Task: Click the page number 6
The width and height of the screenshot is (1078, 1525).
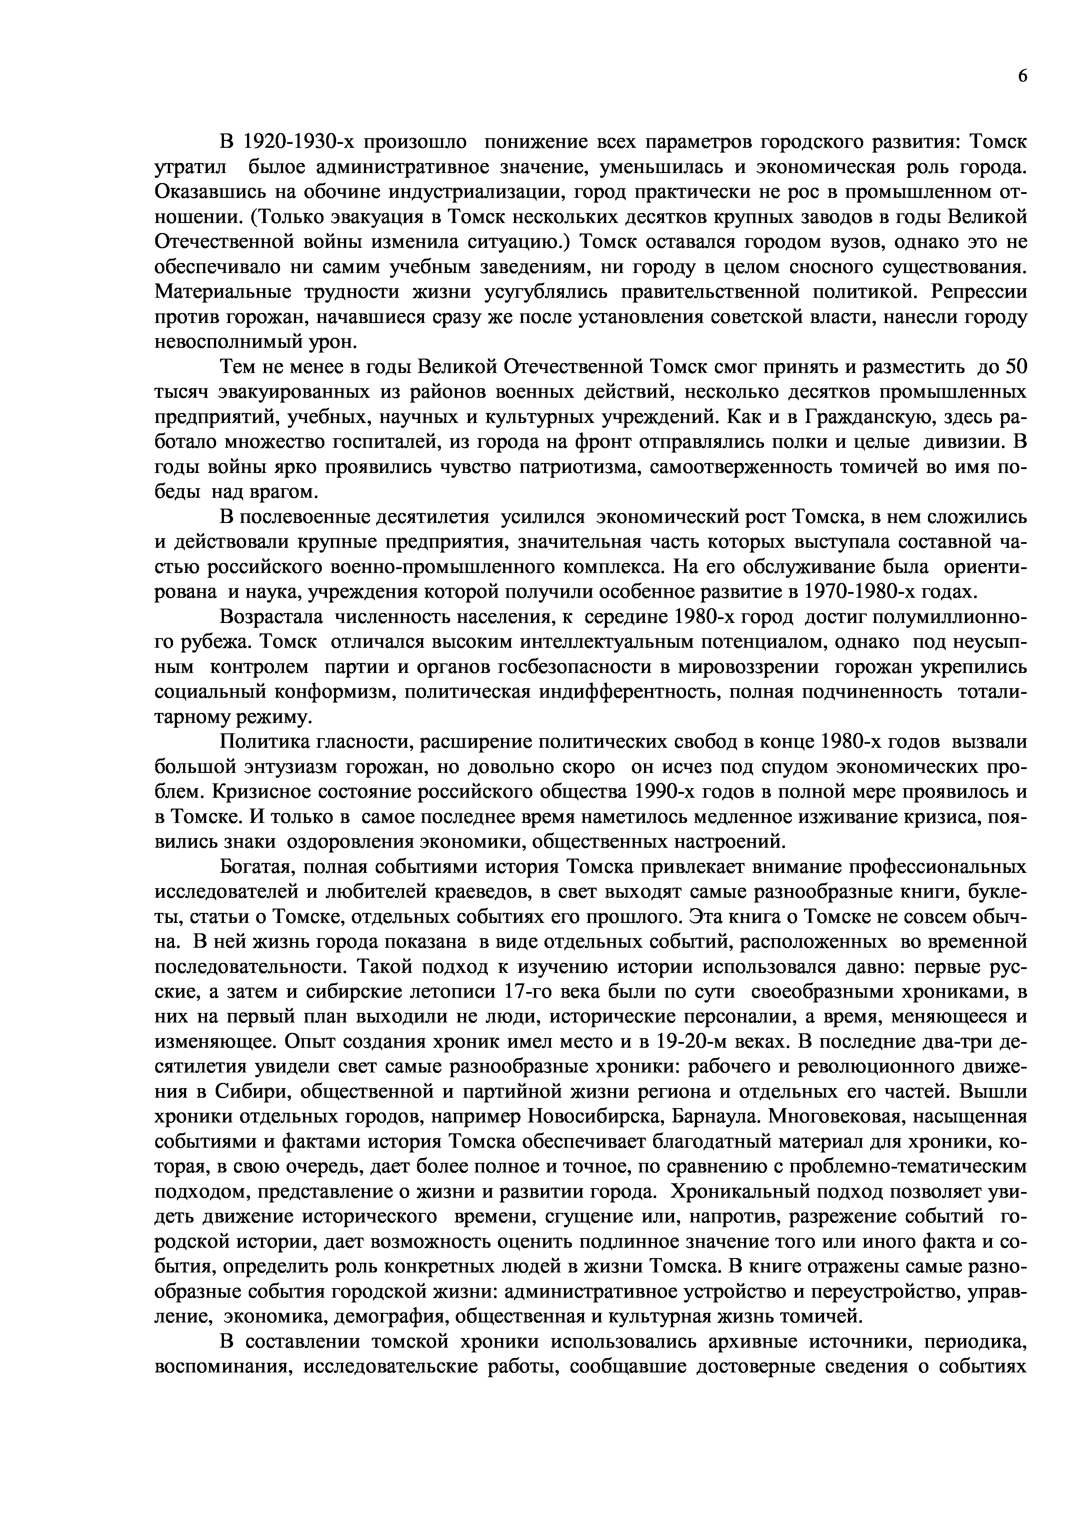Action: click(1021, 77)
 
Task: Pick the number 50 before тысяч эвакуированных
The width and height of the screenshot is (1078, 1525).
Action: click(1016, 366)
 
